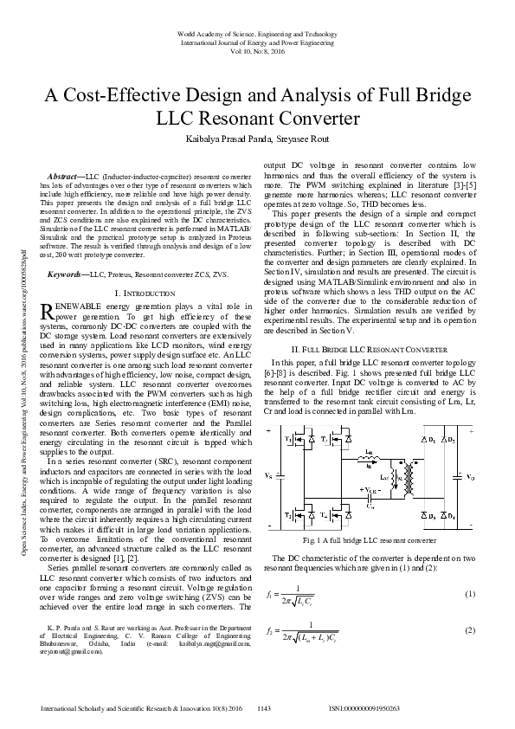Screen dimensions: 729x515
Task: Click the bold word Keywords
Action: click(68, 273)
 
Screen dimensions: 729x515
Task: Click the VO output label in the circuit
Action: click(470, 476)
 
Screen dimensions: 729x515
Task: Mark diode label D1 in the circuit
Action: click(431, 440)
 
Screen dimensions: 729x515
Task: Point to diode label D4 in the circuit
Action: click(454, 516)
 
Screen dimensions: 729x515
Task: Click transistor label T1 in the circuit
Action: click(288, 439)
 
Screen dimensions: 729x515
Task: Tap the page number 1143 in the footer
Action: click(265, 708)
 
